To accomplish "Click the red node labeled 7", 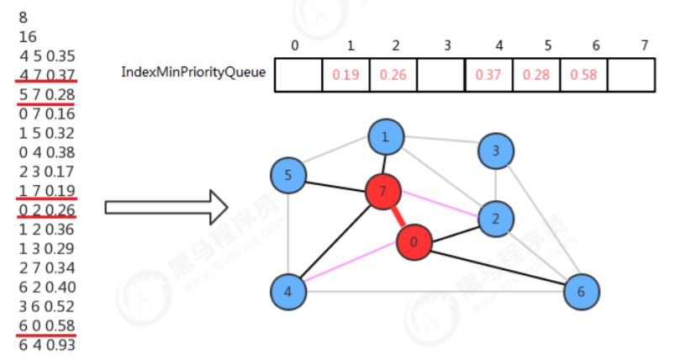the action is (383, 191).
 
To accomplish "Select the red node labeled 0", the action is (414, 242).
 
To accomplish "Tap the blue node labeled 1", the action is (386, 137).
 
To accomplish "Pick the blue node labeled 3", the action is (495, 151).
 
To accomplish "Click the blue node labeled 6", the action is (581, 291).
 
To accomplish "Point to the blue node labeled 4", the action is (288, 291).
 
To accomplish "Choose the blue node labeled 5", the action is (288, 175).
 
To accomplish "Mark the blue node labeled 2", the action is (495, 219).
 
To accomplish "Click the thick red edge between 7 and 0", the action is (399, 217).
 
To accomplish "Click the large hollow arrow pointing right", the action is (166, 208).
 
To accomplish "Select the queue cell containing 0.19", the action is (346, 75).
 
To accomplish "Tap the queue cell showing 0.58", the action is (583, 75).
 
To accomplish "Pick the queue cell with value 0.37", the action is (488, 75).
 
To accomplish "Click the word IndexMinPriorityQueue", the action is (193, 71).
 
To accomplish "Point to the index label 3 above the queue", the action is (447, 45).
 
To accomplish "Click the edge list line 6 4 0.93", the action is (47, 345).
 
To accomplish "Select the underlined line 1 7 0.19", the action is (47, 191).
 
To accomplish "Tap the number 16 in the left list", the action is (28, 37).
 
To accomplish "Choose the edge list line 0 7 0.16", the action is (47, 114).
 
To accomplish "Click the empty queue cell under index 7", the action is (631, 75).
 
